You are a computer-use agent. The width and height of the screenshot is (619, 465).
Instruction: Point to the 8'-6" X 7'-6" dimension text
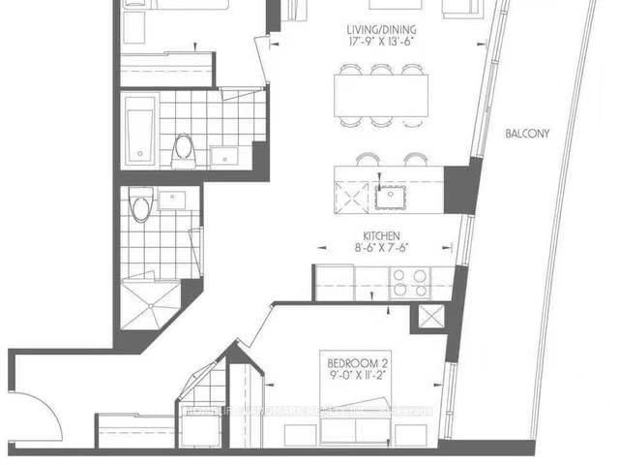(x=383, y=247)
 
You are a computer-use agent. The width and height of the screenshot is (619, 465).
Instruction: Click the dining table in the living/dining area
(x=385, y=95)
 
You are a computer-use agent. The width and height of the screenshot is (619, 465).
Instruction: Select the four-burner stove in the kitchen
(x=409, y=282)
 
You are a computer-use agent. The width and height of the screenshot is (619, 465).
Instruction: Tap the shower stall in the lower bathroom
(x=151, y=302)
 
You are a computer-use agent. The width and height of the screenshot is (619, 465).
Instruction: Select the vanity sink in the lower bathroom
(x=173, y=200)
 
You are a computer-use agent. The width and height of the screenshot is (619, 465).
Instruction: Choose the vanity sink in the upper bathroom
(x=224, y=155)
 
